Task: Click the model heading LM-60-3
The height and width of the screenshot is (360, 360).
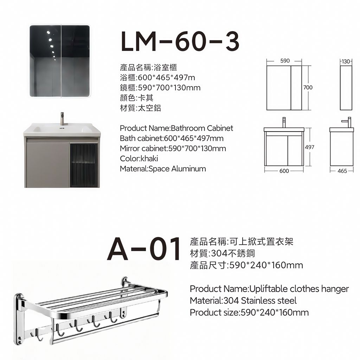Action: (x=180, y=41)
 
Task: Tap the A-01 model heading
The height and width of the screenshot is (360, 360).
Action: (x=144, y=249)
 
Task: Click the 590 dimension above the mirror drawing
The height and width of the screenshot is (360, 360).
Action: (x=285, y=60)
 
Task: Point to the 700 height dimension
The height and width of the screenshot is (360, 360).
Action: (x=308, y=87)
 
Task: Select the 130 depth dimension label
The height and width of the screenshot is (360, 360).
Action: (x=346, y=62)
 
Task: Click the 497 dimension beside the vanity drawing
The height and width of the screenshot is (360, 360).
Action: (x=309, y=147)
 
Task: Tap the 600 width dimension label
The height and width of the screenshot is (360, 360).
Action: (x=284, y=171)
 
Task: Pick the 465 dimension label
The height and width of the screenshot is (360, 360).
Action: (x=342, y=171)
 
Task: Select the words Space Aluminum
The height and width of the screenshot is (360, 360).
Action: (x=177, y=169)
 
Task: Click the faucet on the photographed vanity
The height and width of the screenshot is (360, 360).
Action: (x=62, y=119)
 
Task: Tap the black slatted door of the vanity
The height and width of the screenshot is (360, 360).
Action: (x=84, y=165)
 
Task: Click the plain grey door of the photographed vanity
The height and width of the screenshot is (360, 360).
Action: (x=48, y=165)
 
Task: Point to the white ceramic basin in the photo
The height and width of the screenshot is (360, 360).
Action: (x=62, y=130)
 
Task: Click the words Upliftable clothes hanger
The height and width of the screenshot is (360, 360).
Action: (x=299, y=289)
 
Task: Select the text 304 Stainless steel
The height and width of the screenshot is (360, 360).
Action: (x=260, y=301)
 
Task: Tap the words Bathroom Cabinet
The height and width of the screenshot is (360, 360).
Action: (x=202, y=128)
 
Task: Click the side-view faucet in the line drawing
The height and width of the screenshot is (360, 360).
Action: (x=347, y=122)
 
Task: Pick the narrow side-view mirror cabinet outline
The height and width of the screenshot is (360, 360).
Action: (x=346, y=88)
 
